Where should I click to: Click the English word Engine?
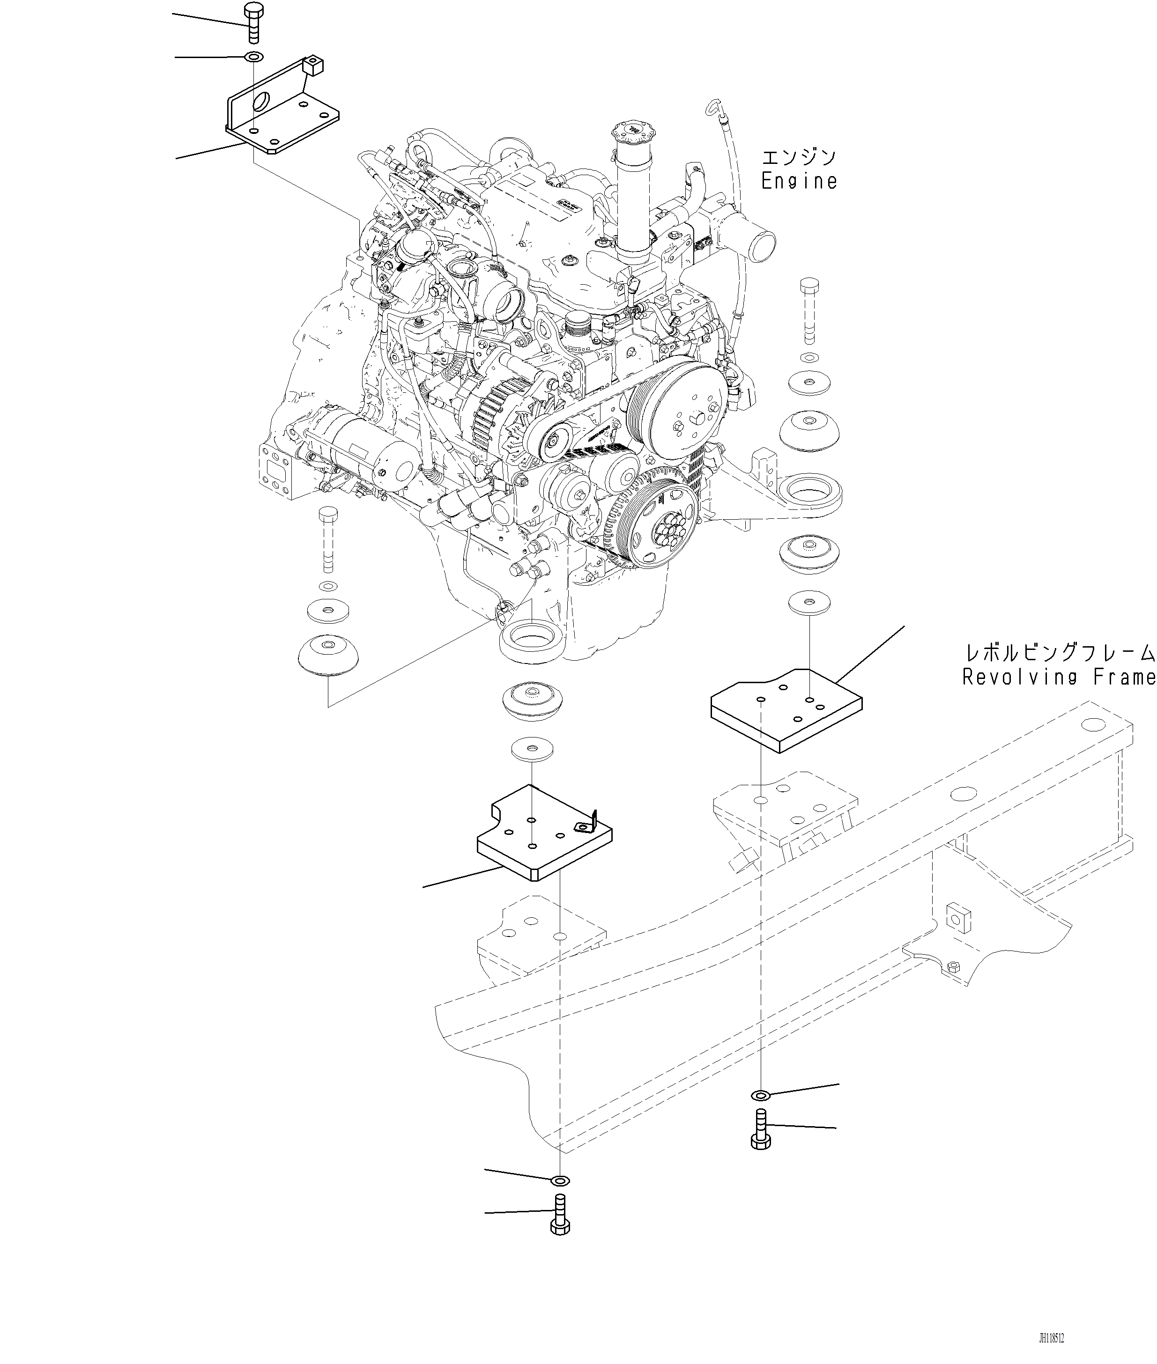click(x=799, y=182)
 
